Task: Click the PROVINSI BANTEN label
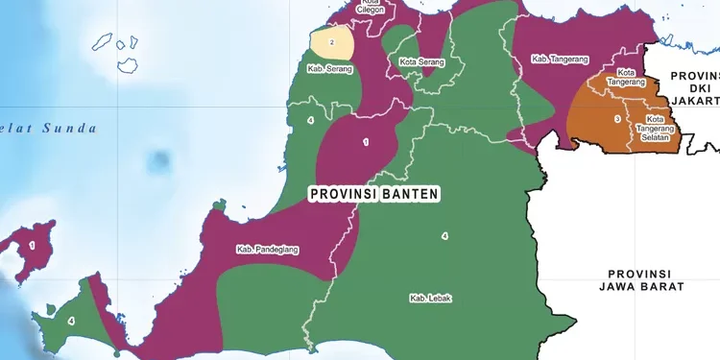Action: [374, 194]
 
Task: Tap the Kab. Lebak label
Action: [431, 298]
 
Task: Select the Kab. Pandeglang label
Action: [268, 250]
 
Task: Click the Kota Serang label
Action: [421, 62]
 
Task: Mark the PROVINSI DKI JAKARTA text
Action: [694, 87]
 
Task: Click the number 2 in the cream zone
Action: [332, 42]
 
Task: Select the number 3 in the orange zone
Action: [616, 119]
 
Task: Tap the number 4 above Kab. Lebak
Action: [444, 236]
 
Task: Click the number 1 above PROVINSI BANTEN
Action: [365, 142]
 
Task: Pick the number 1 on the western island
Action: [32, 246]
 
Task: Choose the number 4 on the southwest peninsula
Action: [71, 320]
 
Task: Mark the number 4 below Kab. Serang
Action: [309, 120]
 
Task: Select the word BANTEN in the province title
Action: [408, 194]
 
